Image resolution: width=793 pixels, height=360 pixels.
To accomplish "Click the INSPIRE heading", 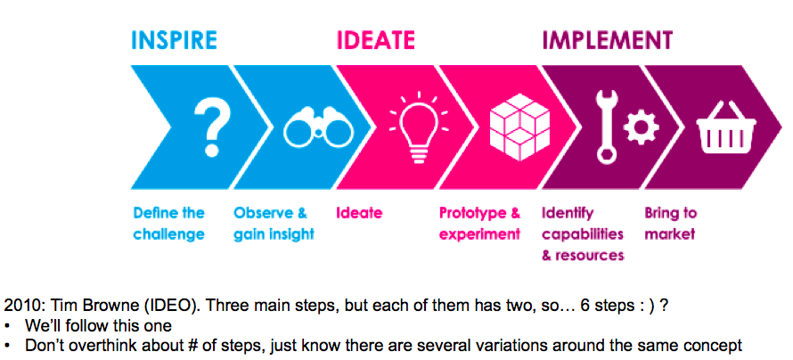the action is click(174, 40).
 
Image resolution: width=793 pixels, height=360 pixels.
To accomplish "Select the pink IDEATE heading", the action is click(376, 40).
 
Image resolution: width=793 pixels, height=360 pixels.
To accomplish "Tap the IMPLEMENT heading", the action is click(608, 40).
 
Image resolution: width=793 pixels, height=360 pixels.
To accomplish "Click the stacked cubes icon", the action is click(519, 127).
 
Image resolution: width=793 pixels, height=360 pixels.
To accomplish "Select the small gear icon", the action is click(641, 127).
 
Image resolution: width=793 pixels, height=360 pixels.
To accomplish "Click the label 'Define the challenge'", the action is click(169, 224).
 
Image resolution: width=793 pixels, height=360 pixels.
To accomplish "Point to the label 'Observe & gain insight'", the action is click(274, 224).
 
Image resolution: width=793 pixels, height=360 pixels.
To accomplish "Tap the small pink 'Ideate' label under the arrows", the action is click(359, 213).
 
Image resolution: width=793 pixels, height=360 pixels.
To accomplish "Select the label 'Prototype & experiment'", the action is click(480, 224).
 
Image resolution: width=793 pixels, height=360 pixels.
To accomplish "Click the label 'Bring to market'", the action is click(670, 224).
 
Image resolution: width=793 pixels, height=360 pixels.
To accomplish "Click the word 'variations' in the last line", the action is click(511, 346).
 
